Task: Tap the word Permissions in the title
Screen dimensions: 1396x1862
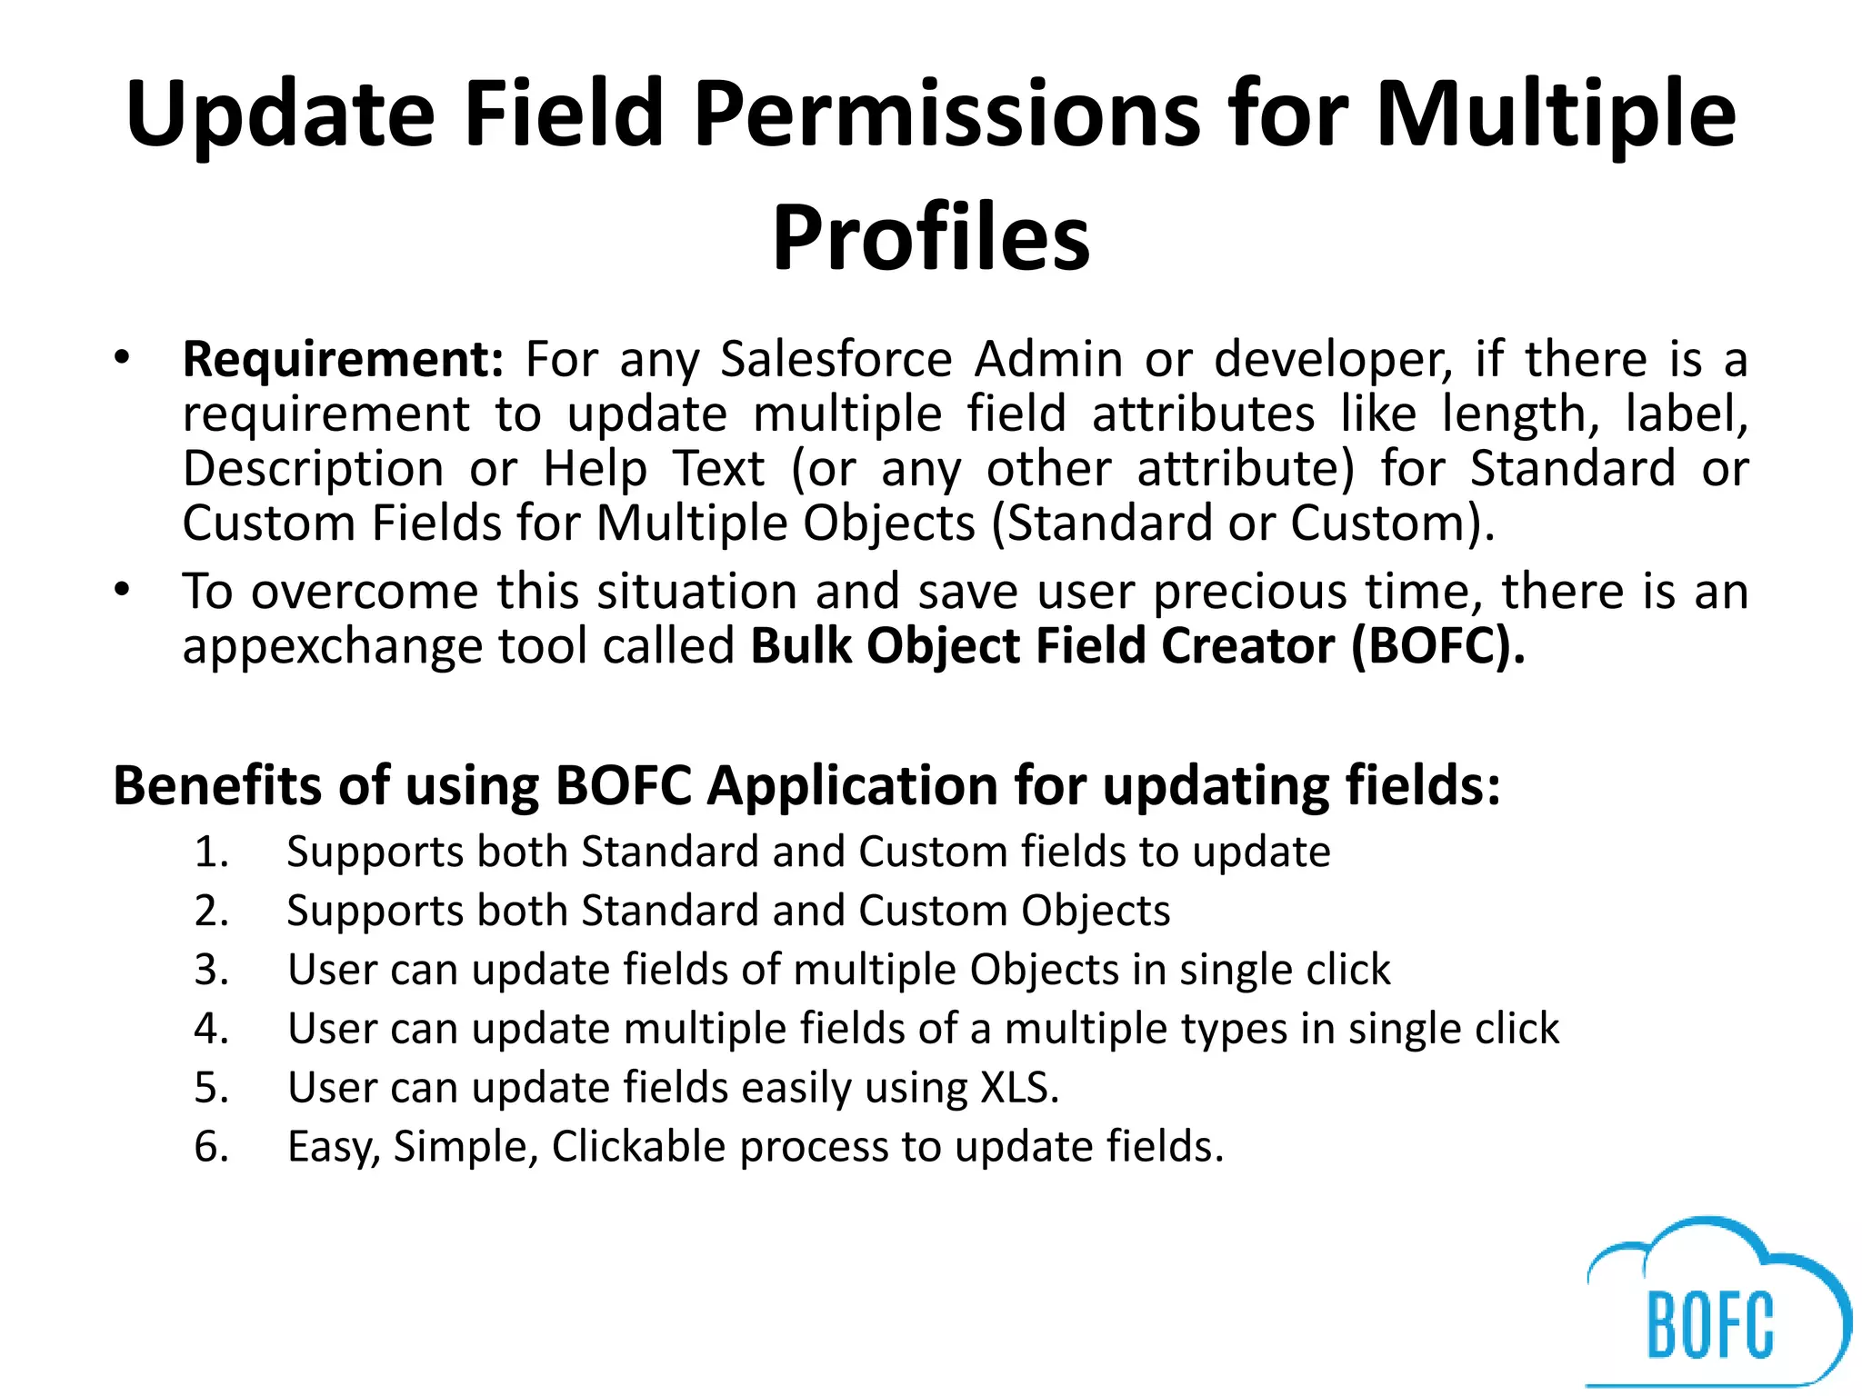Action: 946,114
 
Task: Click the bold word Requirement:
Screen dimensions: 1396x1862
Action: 343,360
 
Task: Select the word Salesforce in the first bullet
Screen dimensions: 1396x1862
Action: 836,360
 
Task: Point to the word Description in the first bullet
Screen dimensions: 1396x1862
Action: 313,470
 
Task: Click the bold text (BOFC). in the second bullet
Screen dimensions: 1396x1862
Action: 1437,647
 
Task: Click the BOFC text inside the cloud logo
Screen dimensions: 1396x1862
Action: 1710,1325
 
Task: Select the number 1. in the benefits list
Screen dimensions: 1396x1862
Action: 211,853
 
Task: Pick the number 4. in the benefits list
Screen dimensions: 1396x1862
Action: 211,1030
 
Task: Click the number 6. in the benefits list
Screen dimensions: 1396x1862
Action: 211,1147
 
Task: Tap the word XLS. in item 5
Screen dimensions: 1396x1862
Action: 1019,1088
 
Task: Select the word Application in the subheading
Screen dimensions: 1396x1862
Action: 853,787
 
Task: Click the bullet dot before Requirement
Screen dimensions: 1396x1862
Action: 123,357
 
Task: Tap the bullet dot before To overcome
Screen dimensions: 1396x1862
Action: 123,590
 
